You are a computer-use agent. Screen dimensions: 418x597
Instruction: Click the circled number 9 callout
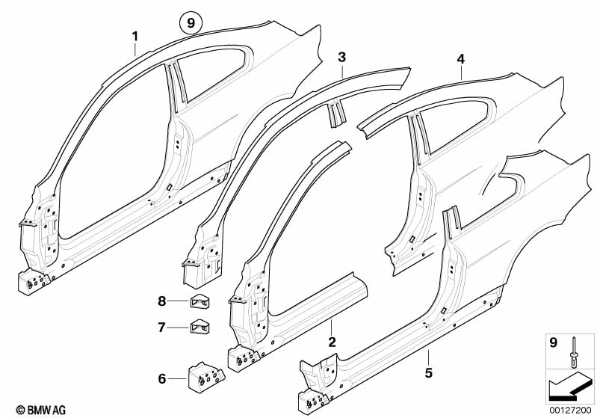[x=191, y=24]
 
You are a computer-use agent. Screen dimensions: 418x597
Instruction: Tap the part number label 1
[x=135, y=36]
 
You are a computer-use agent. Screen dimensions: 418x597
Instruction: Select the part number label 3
[x=341, y=57]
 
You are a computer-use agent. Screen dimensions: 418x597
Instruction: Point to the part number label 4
[x=461, y=58]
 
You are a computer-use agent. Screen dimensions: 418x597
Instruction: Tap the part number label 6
[x=161, y=327]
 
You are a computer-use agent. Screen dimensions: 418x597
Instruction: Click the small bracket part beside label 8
[x=199, y=302]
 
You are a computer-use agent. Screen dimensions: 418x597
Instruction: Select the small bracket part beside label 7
[x=199, y=326]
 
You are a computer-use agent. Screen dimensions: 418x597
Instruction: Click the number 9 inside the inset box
[x=552, y=344]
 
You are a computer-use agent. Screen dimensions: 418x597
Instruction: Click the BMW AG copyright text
[x=26, y=410]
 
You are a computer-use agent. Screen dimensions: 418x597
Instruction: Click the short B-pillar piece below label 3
[x=336, y=112]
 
